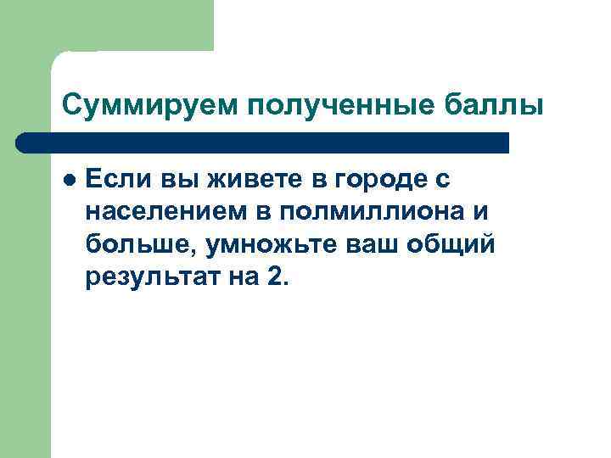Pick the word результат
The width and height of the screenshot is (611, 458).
[149, 278]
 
